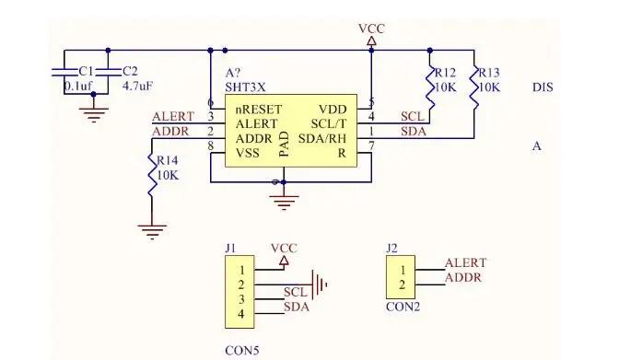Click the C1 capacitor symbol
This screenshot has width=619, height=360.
(64, 72)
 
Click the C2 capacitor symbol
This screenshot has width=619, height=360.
(108, 72)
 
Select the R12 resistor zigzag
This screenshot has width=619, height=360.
(430, 87)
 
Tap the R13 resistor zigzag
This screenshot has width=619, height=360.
(473, 87)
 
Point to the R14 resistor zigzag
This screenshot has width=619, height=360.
(152, 175)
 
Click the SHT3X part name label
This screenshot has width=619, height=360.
(245, 87)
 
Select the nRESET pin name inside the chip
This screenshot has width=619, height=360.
(259, 109)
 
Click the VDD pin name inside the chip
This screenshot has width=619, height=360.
(333, 109)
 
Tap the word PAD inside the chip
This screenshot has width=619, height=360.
(285, 144)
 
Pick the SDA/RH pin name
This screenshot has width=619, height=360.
(322, 138)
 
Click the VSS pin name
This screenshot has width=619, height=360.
(248, 152)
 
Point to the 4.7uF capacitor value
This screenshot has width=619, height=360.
(137, 86)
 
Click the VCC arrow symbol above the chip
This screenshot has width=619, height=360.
(371, 41)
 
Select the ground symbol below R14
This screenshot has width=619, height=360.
(152, 232)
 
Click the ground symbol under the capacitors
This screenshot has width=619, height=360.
(94, 115)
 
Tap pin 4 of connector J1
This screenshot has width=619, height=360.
(240, 314)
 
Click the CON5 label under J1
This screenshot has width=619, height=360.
(242, 350)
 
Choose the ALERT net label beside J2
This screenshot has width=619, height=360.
(466, 262)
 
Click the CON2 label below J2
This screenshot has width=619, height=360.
(403, 307)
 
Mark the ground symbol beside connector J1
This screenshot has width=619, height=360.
(320, 285)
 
